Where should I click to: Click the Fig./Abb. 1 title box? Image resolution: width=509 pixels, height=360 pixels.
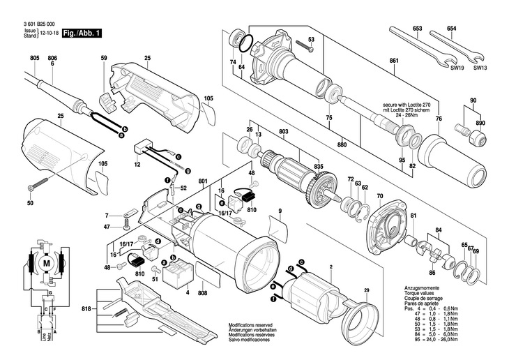point(82,33)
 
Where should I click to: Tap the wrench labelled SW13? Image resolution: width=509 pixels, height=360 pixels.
point(456,49)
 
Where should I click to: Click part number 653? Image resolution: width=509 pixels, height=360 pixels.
point(418,29)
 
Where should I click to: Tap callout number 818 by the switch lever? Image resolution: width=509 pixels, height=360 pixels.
point(86,308)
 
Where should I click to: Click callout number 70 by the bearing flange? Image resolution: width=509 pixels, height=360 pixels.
point(380,197)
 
